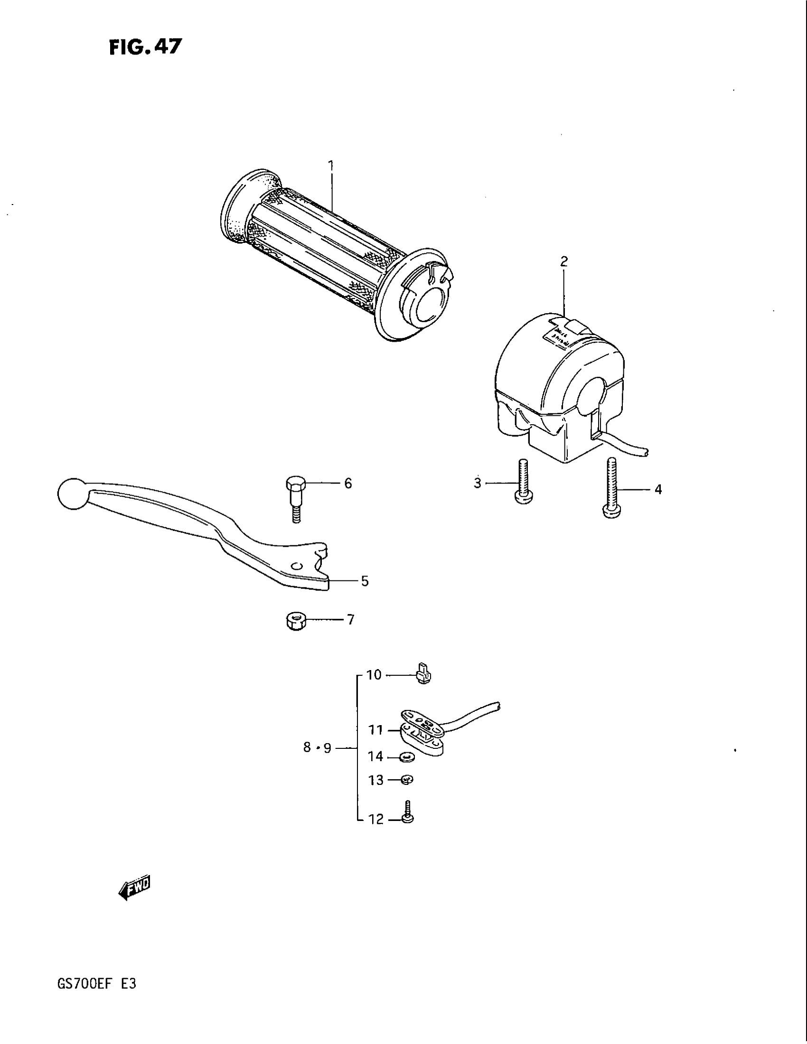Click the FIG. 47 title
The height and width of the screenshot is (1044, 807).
145,47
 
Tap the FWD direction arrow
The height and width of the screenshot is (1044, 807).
134,888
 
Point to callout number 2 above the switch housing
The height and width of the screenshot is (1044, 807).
564,261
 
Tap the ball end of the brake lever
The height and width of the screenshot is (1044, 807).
71,493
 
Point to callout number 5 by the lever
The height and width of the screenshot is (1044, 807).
365,581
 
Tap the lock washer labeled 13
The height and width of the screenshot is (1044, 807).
407,780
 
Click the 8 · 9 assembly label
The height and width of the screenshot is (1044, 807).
317,748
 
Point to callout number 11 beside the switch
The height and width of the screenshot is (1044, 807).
376,730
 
